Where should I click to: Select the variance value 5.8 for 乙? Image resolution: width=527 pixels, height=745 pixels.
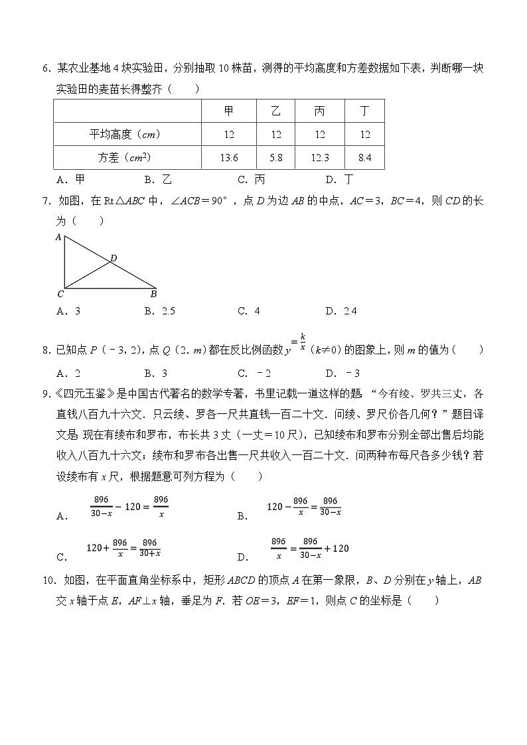coord(275,157)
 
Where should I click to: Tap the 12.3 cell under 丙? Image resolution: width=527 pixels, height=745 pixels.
coord(320,157)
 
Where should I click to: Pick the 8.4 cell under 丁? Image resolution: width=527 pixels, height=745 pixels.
coord(364,157)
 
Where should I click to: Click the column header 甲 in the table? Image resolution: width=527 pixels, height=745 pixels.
coord(229,111)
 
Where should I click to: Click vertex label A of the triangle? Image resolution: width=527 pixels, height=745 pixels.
coord(58,237)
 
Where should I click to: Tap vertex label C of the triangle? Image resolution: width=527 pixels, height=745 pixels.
coord(60,293)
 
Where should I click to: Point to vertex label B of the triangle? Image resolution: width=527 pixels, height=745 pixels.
coord(153,293)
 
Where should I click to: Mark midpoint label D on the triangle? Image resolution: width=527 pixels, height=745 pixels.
coord(113,257)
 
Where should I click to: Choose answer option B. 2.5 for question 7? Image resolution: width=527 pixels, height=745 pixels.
coord(159,310)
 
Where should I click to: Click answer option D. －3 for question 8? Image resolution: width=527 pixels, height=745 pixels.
coord(342,373)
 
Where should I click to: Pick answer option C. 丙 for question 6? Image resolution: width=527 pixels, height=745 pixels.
coord(252,179)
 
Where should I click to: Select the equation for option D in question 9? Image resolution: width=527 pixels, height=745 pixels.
coord(309,549)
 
